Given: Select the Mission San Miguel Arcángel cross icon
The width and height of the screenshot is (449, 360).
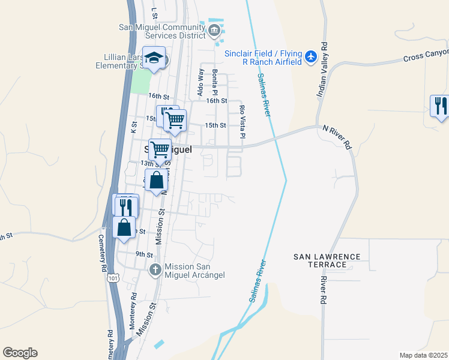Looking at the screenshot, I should (155, 270).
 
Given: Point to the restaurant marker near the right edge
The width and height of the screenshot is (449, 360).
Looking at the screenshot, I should (440, 106).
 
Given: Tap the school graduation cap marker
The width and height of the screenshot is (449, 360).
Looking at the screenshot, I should (154, 58).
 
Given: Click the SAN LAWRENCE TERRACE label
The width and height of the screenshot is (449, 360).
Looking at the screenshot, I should (327, 260).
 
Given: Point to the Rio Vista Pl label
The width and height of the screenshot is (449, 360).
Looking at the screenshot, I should (243, 121).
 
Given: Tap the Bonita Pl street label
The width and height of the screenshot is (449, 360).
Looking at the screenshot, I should (214, 82).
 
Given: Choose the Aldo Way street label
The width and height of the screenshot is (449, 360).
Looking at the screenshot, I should (200, 82).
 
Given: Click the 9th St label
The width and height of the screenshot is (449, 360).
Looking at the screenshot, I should (144, 254).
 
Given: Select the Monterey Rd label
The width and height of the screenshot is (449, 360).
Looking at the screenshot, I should (134, 307).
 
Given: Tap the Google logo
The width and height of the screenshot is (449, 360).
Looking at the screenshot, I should (20, 353).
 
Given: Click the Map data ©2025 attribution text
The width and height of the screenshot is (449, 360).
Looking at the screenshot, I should (423, 355).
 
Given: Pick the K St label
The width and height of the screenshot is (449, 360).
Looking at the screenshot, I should (134, 127).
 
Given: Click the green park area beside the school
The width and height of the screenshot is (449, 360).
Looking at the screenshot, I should (140, 81).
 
